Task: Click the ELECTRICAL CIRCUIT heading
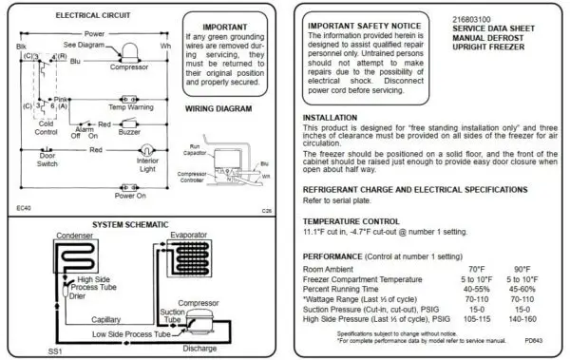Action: click(x=67, y=16)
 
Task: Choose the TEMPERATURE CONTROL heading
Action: click(x=352, y=220)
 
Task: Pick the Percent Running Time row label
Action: click(x=343, y=289)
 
